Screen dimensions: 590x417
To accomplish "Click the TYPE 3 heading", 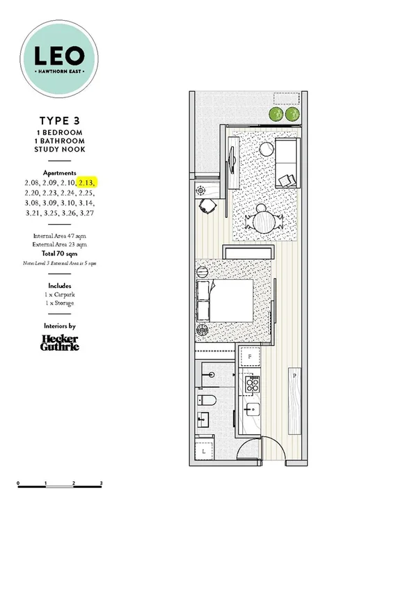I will tap(59, 120).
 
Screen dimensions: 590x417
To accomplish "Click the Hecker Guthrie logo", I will tap(59, 342).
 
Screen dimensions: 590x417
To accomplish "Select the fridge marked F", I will tap(250, 357).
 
